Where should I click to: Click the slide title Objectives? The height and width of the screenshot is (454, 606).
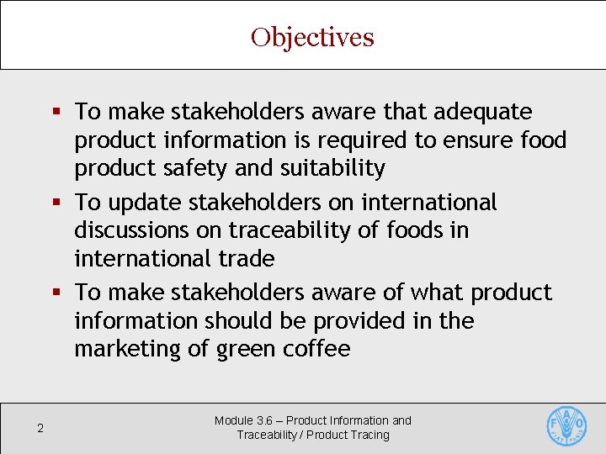tap(312, 38)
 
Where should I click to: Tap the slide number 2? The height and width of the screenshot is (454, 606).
tap(40, 429)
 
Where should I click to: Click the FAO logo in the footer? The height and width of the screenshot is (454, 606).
tap(566, 426)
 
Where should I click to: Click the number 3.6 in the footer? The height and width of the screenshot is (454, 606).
tap(263, 420)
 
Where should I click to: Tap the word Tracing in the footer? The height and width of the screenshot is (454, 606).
tap(371, 435)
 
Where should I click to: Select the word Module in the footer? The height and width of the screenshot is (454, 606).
tap(233, 420)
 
